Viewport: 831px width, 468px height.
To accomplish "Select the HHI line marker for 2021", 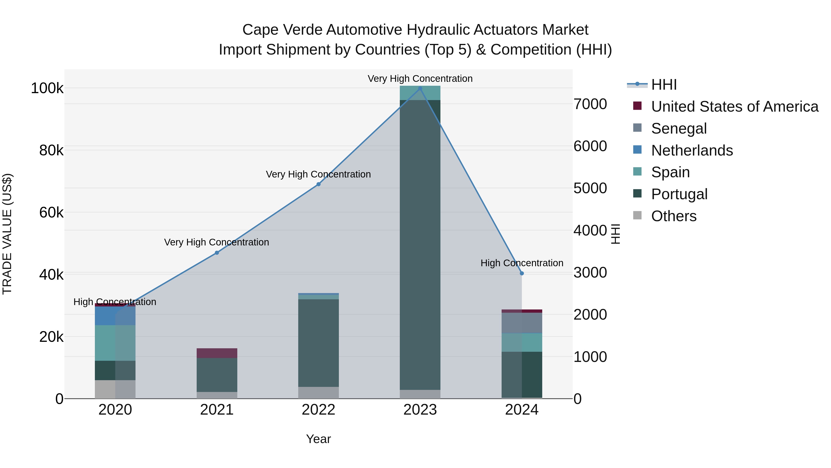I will [x=217, y=253].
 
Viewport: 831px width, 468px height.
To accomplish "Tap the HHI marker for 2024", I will [x=522, y=273].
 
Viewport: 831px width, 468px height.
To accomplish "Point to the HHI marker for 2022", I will [x=318, y=184].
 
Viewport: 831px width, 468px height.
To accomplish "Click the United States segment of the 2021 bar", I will [x=217, y=353].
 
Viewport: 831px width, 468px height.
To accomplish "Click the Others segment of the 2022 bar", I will [x=318, y=392].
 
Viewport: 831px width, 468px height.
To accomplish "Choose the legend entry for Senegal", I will [x=679, y=128].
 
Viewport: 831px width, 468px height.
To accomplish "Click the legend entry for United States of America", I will [x=735, y=107].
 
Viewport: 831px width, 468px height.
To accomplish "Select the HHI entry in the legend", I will [x=664, y=85].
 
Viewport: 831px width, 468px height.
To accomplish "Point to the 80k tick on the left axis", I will [x=51, y=150].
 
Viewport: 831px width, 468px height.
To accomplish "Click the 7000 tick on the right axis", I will [x=590, y=104].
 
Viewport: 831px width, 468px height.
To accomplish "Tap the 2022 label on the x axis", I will [x=318, y=410].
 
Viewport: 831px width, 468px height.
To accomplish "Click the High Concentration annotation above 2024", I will [x=522, y=263].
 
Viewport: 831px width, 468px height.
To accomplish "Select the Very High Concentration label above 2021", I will [x=217, y=242].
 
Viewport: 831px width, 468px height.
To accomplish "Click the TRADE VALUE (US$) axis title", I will [x=7, y=234].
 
